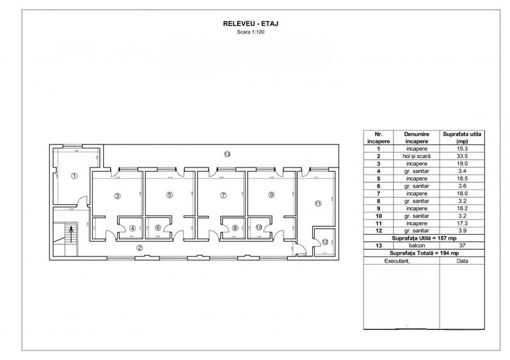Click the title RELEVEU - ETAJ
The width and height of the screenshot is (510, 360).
(x=255, y=24)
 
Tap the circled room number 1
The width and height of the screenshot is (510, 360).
(x=74, y=176)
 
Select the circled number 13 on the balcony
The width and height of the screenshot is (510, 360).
(x=226, y=154)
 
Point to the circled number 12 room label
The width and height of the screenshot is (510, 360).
(x=325, y=242)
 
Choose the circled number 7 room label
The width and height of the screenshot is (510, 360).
(x=222, y=196)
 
